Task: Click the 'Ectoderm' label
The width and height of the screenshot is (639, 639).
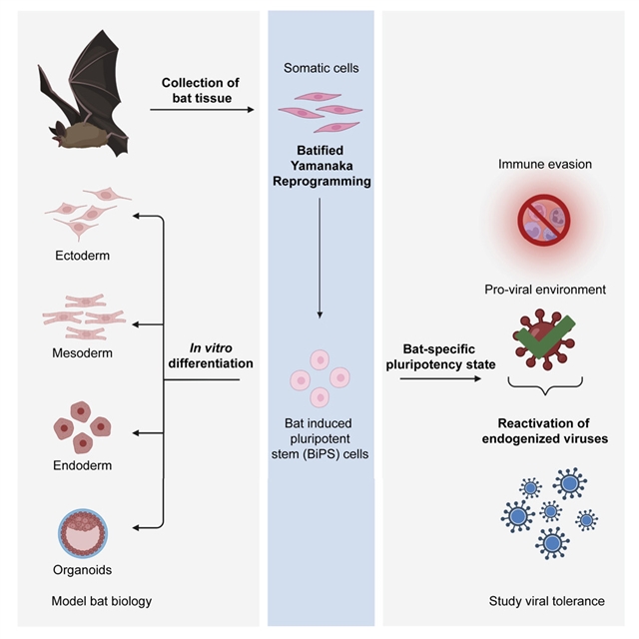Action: coord(83,256)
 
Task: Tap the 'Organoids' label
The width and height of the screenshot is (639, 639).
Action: coord(83,569)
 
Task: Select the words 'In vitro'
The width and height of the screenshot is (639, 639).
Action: coord(211,346)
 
